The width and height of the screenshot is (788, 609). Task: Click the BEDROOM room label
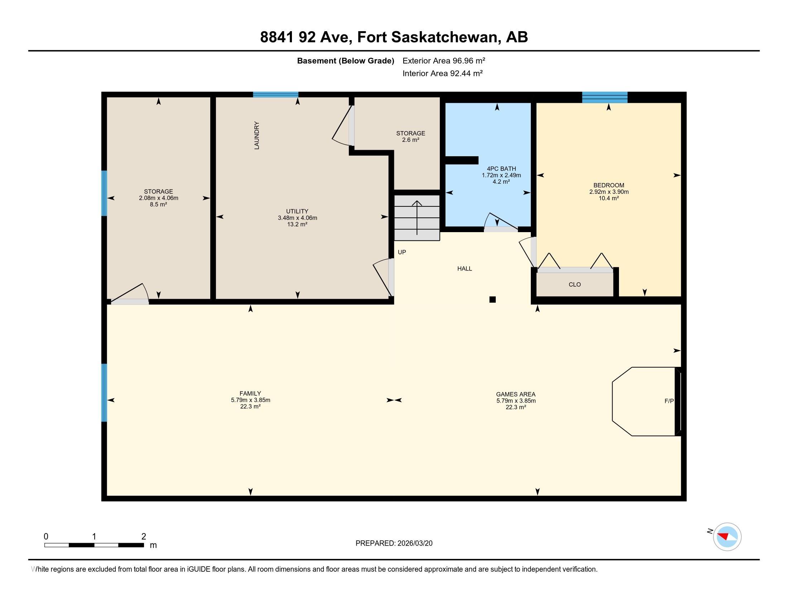[x=609, y=186]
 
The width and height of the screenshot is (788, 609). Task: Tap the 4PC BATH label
[x=501, y=168]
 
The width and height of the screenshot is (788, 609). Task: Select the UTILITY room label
[x=297, y=211]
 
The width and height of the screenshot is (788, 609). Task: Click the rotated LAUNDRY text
[x=257, y=135]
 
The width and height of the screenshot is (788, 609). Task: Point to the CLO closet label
[x=575, y=285]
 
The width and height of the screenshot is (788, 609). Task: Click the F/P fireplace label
[x=669, y=401]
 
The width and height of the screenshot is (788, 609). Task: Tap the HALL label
[x=464, y=268]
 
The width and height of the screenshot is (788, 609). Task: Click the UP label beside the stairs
[x=402, y=252]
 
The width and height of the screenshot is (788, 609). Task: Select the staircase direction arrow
[x=417, y=216]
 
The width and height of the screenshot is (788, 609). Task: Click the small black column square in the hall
[x=492, y=299]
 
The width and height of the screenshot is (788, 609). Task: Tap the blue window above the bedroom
[x=605, y=97]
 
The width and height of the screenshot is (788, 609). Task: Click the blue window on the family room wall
[x=104, y=393]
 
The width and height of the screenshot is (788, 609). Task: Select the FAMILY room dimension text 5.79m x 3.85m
[x=250, y=400]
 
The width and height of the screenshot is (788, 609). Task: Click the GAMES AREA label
[x=515, y=394]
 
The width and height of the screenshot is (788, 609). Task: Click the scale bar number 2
[x=144, y=537]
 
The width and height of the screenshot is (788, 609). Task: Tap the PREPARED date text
[x=394, y=543]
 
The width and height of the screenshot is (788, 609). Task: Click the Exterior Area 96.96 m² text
[x=443, y=61]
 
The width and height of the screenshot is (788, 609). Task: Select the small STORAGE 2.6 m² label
[x=410, y=136]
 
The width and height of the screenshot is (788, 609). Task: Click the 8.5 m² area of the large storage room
[x=158, y=205]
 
